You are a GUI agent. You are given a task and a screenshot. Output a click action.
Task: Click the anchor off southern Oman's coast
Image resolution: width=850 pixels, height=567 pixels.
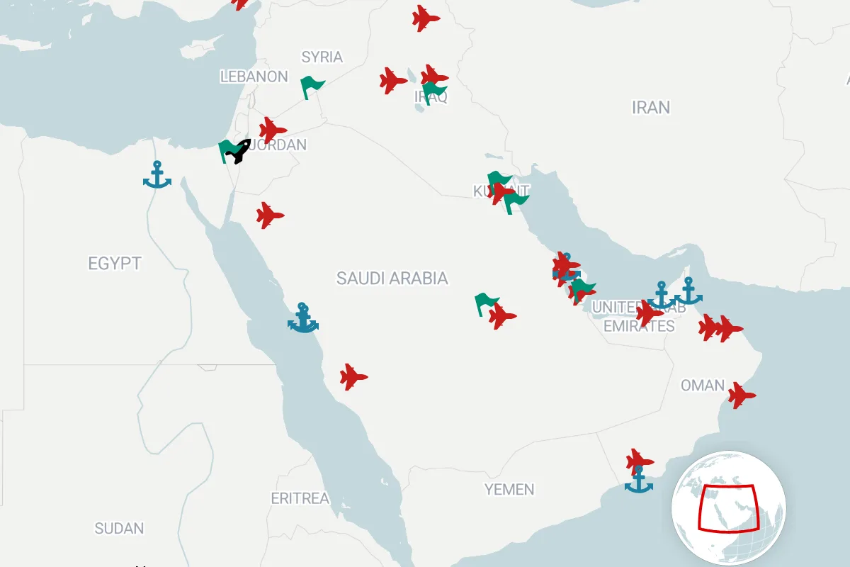[639, 479]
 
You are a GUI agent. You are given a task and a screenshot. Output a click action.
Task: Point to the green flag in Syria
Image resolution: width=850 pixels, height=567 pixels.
[311, 87]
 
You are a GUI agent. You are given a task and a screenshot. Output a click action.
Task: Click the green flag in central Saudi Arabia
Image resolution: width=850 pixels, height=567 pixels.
[486, 303]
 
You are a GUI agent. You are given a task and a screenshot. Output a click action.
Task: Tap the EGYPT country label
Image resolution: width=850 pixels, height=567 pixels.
[114, 264]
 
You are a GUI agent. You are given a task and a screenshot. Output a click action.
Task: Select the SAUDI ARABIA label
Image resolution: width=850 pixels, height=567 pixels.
[392, 278]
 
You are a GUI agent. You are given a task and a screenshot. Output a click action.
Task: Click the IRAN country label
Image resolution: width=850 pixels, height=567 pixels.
[650, 108]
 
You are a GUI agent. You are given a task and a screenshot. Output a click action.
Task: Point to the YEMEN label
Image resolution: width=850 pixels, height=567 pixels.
[509, 489]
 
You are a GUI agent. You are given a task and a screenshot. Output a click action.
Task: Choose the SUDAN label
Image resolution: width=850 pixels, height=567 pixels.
[119, 528]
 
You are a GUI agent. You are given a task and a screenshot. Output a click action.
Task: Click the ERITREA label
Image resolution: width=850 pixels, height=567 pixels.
[300, 498]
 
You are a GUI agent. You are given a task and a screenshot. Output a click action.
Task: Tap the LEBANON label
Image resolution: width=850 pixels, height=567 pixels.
[254, 77]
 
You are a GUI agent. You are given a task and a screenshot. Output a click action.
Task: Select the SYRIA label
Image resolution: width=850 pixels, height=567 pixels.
[322, 57]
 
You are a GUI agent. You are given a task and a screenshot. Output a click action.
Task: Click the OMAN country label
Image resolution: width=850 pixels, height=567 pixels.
[702, 386]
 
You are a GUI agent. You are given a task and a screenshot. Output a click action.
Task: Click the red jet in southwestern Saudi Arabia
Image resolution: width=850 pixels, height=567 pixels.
[353, 377]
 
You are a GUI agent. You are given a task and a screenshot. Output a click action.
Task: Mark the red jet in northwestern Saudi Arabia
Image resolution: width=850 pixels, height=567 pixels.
[269, 215]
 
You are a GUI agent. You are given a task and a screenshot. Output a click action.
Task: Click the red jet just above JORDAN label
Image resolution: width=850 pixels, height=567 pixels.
[272, 130]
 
